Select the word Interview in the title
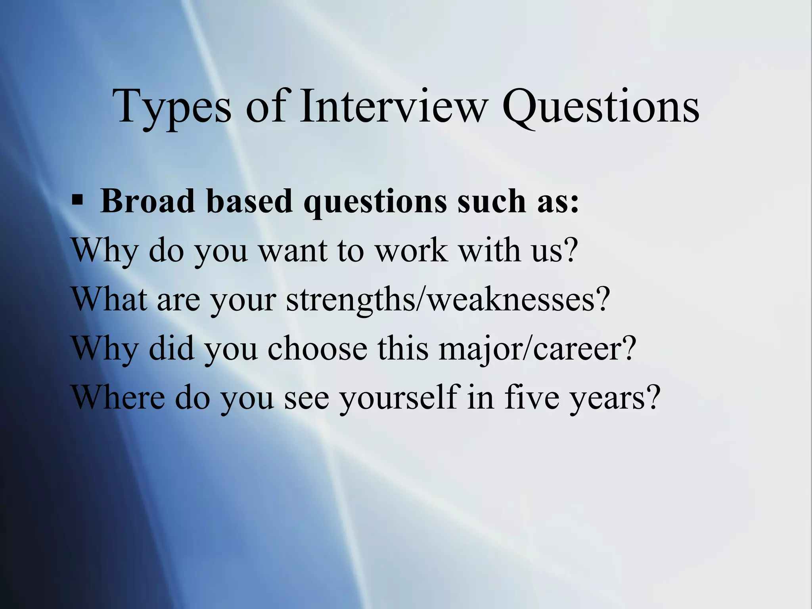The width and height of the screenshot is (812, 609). click(x=392, y=106)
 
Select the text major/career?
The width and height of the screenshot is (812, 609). click(x=537, y=349)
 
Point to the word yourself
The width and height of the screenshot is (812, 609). click(x=398, y=398)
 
